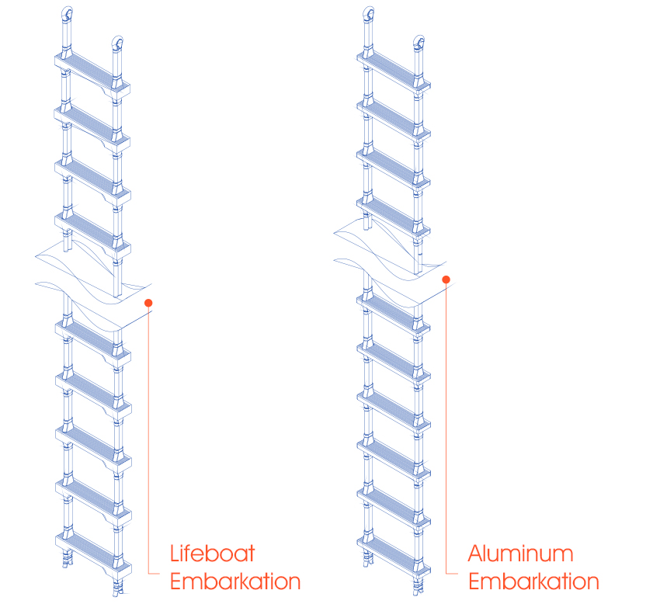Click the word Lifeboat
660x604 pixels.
click(212, 554)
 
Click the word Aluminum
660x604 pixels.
click(520, 554)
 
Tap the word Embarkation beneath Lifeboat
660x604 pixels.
click(234, 581)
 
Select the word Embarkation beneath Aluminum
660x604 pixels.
click(533, 581)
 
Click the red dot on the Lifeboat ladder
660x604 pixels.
click(148, 304)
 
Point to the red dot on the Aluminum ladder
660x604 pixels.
click(446, 279)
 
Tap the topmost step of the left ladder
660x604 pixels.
click(91, 71)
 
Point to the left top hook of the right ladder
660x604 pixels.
click(369, 13)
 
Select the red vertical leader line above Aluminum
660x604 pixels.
click(446, 427)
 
